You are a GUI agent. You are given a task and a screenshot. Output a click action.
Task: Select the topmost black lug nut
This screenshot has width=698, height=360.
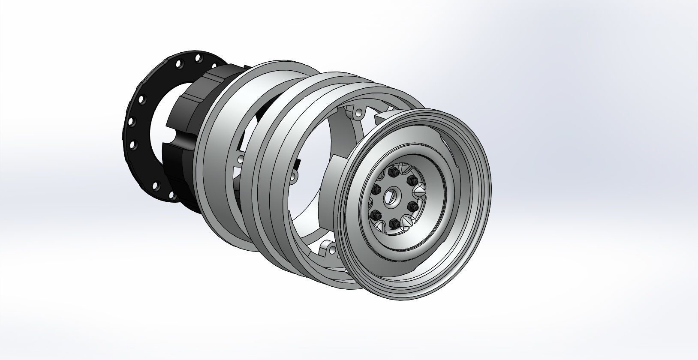tap(394, 172)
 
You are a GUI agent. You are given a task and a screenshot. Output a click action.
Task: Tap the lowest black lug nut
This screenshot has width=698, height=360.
tap(394, 223)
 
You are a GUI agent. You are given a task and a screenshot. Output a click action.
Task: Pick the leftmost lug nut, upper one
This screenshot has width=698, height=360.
tap(376, 189)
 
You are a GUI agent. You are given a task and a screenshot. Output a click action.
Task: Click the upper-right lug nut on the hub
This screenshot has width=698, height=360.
tap(412, 180)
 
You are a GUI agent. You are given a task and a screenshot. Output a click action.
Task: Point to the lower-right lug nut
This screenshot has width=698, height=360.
tap(413, 206)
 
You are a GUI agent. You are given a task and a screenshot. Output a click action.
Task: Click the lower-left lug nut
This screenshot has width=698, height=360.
tap(376, 215)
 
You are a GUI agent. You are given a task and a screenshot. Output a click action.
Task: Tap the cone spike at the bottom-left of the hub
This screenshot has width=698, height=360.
tap(380, 228)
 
